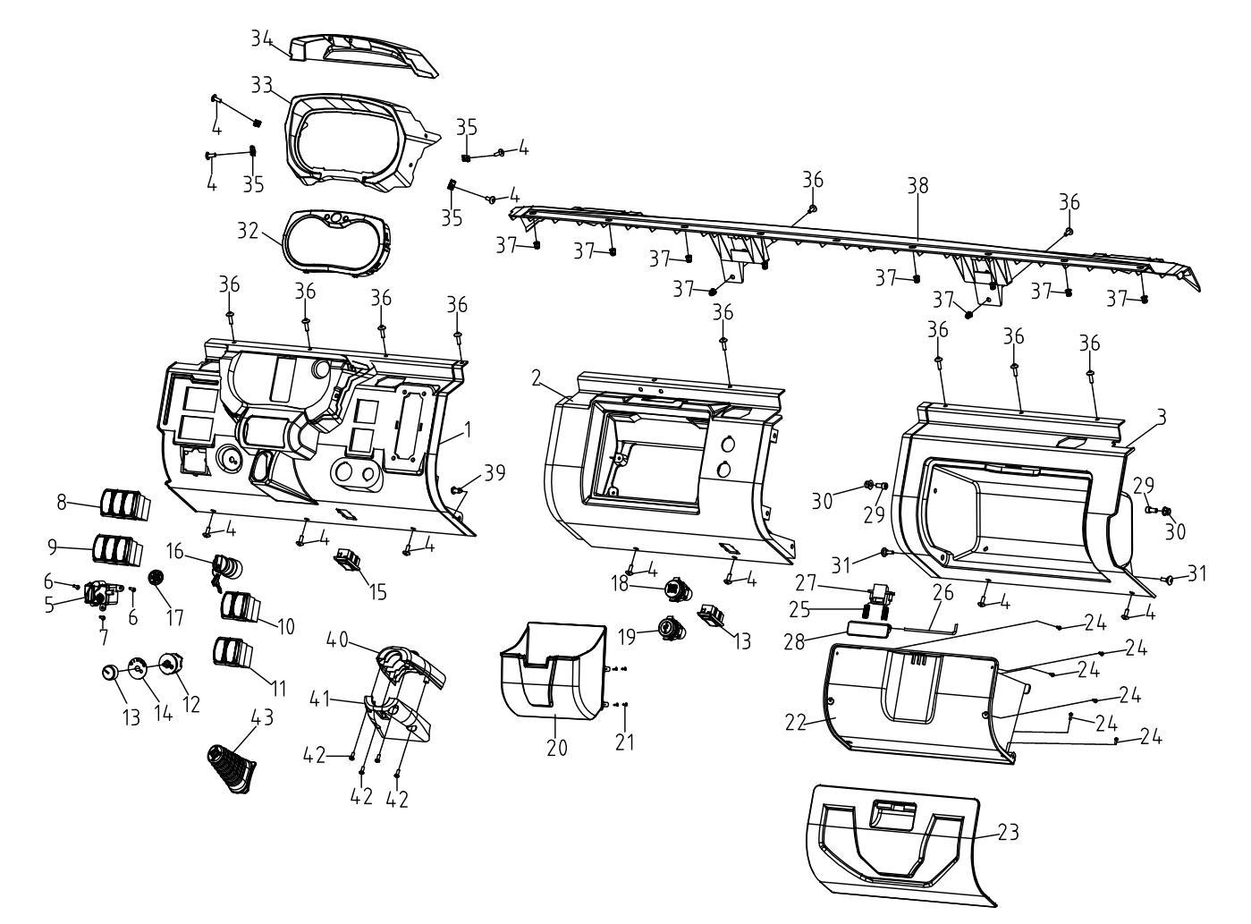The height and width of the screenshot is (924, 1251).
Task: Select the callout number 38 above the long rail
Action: click(x=917, y=185)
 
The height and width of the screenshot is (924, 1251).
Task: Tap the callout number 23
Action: click(x=1008, y=832)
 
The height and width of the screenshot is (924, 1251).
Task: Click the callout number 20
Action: click(x=557, y=747)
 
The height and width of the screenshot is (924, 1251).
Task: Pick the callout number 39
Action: click(x=494, y=474)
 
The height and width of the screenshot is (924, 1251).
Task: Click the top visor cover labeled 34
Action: click(x=367, y=55)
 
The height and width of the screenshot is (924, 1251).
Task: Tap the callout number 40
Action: click(x=337, y=640)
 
